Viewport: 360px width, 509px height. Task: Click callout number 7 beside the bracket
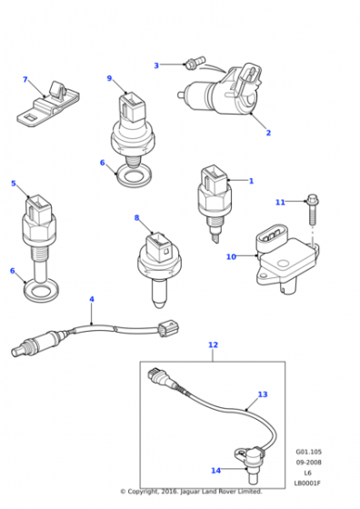[x=25, y=79]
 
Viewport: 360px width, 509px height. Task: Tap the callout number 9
[x=109, y=78]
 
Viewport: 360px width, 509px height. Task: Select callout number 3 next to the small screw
[x=155, y=65]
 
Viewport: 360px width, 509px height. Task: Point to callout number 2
[x=268, y=133]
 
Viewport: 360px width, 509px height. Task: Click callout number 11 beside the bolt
[x=280, y=202]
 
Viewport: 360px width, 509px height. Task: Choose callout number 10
[x=231, y=256]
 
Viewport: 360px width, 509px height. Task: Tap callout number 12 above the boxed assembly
[x=213, y=344]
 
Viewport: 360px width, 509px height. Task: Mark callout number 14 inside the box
[x=215, y=470]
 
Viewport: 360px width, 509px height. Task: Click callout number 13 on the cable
[x=263, y=394]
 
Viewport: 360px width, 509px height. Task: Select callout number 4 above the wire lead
[x=91, y=299]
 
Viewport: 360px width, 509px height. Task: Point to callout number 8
[x=136, y=217]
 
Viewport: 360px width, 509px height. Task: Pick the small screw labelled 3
[x=192, y=63]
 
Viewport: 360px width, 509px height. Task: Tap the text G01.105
[x=308, y=452]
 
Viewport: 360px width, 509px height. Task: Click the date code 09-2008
[x=308, y=462]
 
